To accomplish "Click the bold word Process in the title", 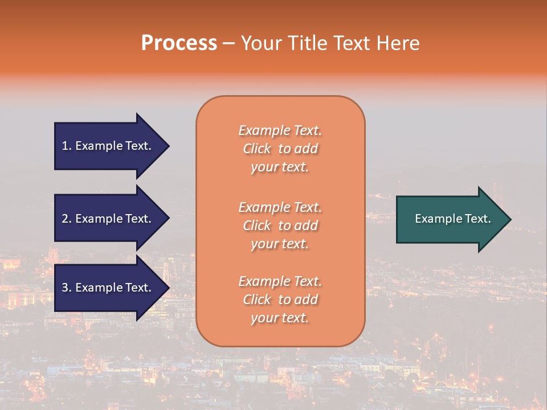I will [179, 43].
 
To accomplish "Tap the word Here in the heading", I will [398, 43].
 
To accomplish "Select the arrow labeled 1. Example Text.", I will [108, 146].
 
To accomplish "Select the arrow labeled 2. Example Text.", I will [108, 219].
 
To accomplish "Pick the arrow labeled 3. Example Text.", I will [108, 288].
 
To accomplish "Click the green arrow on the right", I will [450, 219].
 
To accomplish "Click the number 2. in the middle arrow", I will [67, 219].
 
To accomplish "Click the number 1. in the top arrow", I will [67, 146].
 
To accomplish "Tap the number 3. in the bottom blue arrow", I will [67, 288].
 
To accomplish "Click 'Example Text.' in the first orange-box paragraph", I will [280, 130].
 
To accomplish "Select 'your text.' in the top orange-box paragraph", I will [280, 167].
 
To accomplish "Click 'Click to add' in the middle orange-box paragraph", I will [280, 225].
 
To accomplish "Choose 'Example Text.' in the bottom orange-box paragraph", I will [280, 281].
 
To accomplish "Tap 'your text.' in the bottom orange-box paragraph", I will [280, 318].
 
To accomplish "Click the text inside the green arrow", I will [452, 219].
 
